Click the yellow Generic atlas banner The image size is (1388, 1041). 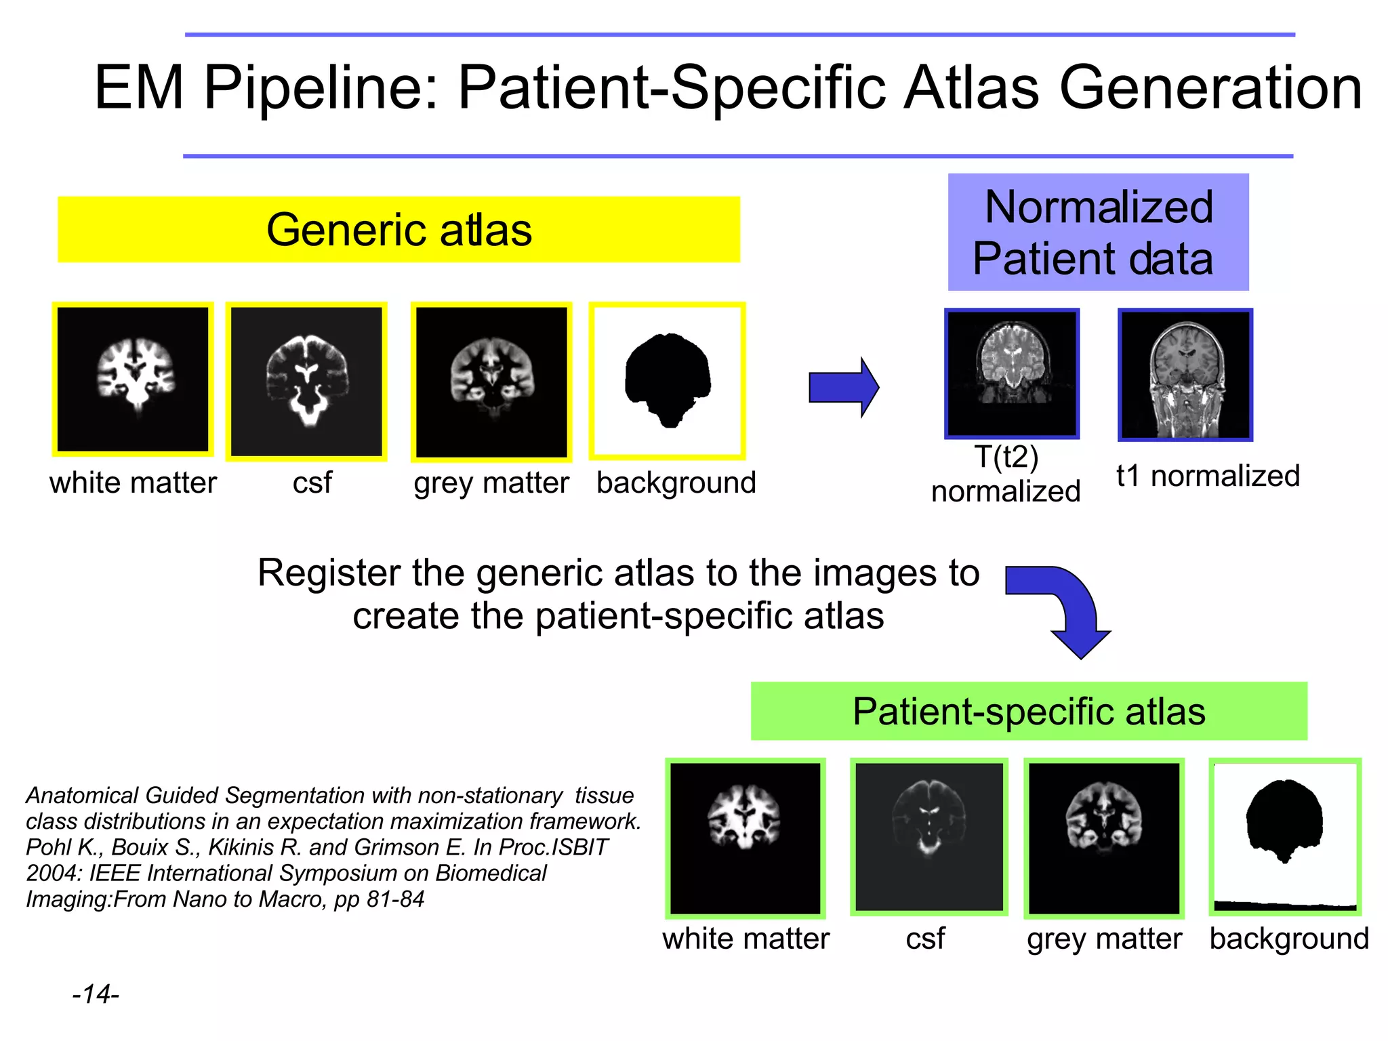(x=399, y=230)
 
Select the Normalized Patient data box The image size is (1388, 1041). (x=1097, y=232)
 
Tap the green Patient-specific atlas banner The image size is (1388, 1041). (x=1028, y=711)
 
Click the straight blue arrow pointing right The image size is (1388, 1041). (x=843, y=388)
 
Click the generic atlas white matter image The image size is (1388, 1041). (x=133, y=380)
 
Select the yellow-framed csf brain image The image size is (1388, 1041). (x=306, y=382)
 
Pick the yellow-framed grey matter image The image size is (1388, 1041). (x=491, y=382)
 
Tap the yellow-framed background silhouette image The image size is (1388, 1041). (x=668, y=381)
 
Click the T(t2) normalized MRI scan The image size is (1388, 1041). (x=1012, y=373)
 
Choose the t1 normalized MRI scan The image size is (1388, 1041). (x=1185, y=375)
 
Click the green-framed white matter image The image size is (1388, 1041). (x=745, y=838)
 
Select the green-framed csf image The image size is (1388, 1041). (x=928, y=837)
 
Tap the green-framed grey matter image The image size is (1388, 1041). (x=1104, y=838)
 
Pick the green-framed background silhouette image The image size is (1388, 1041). (x=1285, y=836)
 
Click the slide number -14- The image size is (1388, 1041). (x=96, y=994)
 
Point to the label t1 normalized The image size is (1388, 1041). (x=1208, y=476)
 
